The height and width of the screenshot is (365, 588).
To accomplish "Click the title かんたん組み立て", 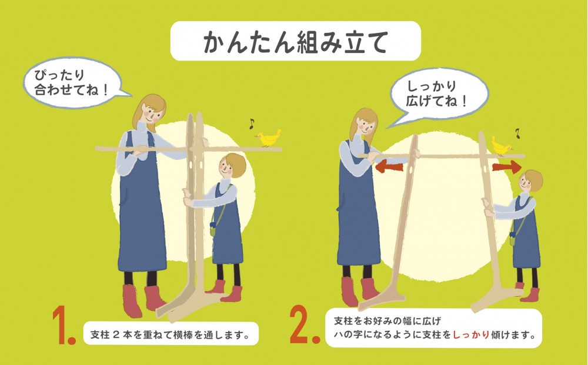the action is pos(295,42).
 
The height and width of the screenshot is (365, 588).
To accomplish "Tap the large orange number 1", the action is pos(63,325).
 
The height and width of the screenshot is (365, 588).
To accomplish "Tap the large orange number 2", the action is pos(305,325).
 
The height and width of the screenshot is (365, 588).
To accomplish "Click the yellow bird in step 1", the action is pos(269,138).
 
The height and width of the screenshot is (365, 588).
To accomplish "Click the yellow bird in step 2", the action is pos(502,146).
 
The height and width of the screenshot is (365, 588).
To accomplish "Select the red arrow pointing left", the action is pos(389,166).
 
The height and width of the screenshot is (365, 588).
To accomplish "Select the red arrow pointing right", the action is pos(507,166).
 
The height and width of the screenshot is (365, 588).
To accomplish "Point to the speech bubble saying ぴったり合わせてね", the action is pos(73,83).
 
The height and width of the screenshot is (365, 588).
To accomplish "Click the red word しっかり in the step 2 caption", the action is pos(471,334).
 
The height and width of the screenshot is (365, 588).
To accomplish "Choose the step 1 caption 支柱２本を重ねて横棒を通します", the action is pos(171,334).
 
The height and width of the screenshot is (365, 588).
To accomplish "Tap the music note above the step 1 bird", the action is pos(252,123).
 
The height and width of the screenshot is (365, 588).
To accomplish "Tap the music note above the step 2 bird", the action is pos(518,133).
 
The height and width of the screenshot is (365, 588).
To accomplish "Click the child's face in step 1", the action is pos(226,169).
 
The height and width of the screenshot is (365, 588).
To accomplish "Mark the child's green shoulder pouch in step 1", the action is pos(213,229).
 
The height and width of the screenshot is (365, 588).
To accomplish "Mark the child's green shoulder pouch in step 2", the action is pos(513,238).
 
